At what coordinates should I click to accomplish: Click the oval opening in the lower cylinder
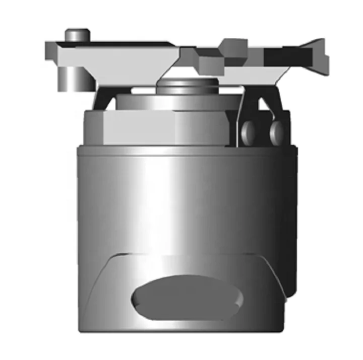(x=187, y=297)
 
